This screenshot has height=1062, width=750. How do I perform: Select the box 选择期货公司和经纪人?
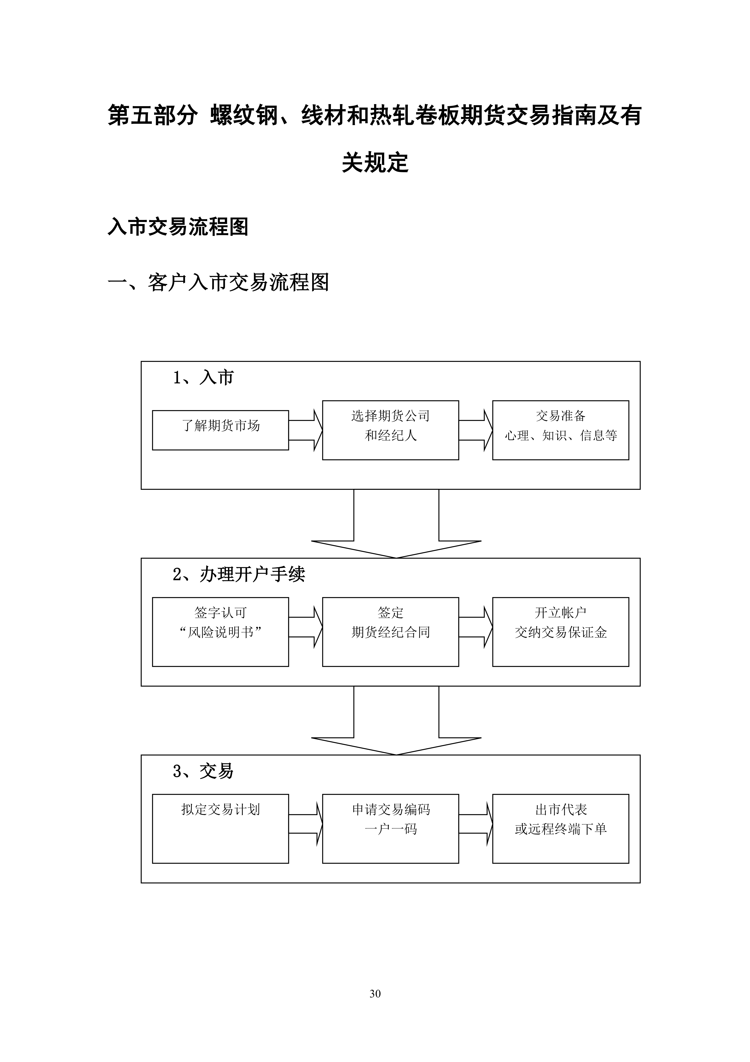click(390, 430)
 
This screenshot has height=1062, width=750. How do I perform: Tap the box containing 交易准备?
click(561, 430)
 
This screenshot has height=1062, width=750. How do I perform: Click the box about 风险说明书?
click(220, 632)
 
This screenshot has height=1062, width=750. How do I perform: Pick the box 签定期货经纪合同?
click(390, 632)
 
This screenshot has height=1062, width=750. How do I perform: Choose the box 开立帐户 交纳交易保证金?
click(561, 632)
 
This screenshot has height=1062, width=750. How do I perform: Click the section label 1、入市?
click(203, 378)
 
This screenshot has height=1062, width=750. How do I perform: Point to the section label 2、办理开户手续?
click(239, 575)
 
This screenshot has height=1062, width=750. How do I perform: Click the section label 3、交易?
click(203, 771)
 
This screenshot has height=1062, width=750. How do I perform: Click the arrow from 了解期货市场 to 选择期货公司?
click(305, 430)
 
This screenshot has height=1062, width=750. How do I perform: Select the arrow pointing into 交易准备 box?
click(476, 430)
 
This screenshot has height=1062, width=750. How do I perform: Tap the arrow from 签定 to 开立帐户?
click(476, 627)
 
